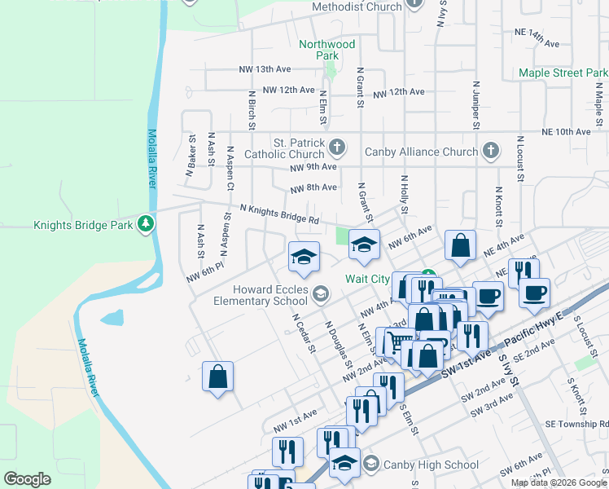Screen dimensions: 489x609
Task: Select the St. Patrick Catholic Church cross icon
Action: point(337,148)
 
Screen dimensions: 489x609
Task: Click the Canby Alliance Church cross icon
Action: point(490,151)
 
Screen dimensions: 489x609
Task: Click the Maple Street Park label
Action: point(563,73)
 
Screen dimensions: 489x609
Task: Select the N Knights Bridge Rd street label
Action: point(278,214)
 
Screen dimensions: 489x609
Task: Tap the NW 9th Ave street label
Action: point(313,167)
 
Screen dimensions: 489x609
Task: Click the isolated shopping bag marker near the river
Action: point(217,377)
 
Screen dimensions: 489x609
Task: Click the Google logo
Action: point(28,479)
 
